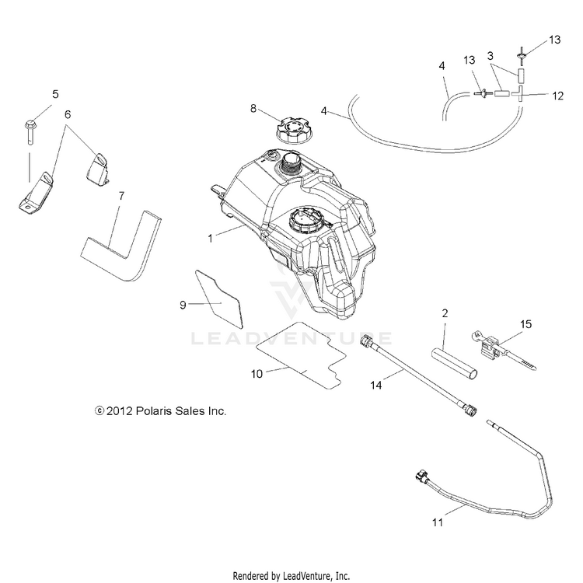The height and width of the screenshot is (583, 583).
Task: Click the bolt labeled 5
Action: pos(30,132)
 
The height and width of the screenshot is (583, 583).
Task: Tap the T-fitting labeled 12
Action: pos(520,94)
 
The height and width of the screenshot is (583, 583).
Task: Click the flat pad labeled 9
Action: pos(219,299)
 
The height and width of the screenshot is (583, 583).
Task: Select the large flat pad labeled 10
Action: pos(301,355)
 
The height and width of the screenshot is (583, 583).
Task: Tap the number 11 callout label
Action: pos(438,522)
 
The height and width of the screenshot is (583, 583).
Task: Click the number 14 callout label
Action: pos(376,386)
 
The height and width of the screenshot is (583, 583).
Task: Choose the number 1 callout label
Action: pos(210,239)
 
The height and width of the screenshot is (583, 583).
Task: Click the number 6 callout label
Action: pos(68,114)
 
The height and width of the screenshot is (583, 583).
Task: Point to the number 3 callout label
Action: pos(490,56)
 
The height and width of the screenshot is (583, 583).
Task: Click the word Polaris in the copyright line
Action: pos(154,411)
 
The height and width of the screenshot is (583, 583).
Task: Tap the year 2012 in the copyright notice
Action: pos(120,411)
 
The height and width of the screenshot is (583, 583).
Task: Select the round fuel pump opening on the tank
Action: pos(305,221)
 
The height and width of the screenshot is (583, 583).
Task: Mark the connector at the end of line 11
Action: pos(422,477)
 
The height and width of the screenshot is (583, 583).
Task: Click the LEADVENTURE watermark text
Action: pos(291,338)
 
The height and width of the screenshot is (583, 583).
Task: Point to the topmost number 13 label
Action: pos(554,40)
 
